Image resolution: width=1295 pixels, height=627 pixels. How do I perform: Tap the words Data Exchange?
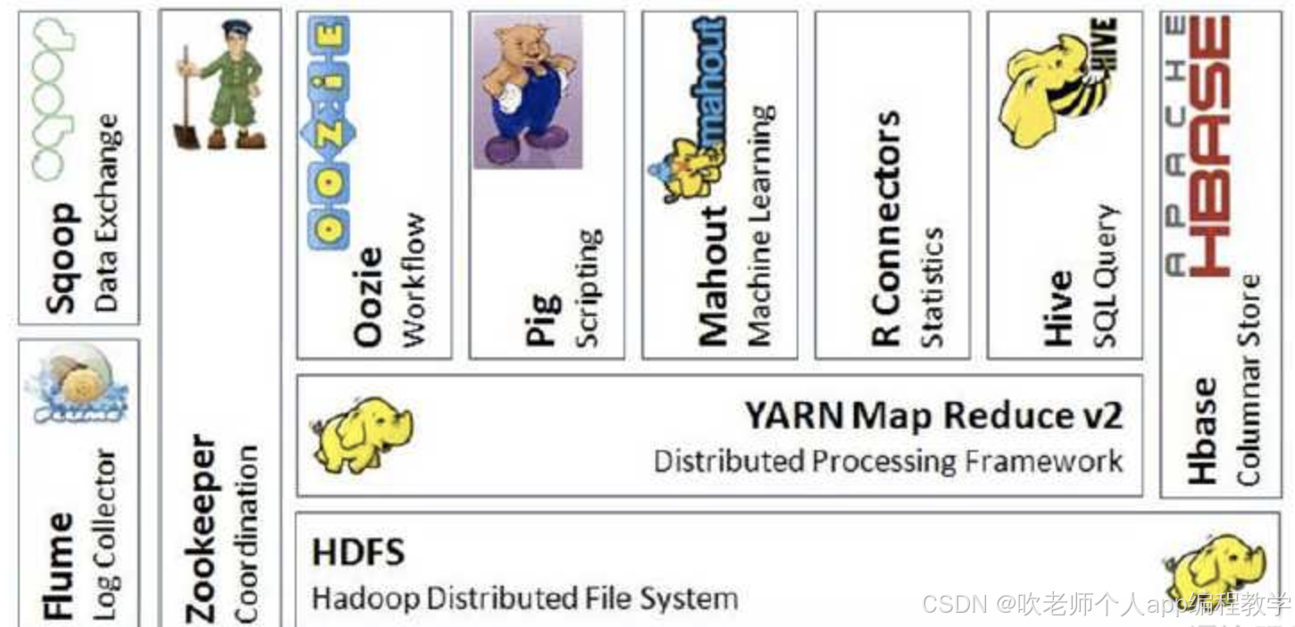pyautogui.click(x=105, y=212)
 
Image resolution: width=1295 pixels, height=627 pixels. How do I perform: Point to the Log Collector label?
pyautogui.click(x=105, y=533)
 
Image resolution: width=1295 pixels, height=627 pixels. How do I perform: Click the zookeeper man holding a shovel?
pyautogui.click(x=221, y=86)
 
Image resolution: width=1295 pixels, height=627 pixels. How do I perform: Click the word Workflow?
pyautogui.click(x=413, y=280)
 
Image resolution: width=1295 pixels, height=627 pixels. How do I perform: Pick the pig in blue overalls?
pyautogui.click(x=527, y=89)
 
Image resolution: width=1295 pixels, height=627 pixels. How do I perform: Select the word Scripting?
pyautogui.click(x=588, y=288)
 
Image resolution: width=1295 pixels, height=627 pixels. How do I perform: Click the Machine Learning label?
pyautogui.click(x=759, y=226)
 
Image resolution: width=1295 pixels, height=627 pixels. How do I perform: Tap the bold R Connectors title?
pyautogui.click(x=886, y=228)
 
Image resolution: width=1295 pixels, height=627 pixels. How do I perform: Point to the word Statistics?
pyautogui.click(x=932, y=287)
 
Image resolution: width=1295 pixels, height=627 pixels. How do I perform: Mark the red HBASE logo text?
pyautogui.click(x=1208, y=147)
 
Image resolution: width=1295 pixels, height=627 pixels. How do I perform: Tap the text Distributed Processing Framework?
pyautogui.click(x=888, y=461)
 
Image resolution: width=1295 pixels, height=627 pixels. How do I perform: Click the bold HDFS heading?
pyautogui.click(x=357, y=553)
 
